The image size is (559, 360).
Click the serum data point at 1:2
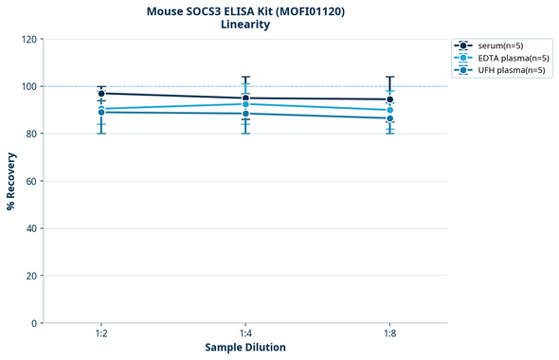[101, 93]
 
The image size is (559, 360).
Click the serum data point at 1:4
[245, 98]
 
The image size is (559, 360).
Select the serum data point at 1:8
[390, 99]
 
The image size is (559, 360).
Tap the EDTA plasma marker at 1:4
[245, 104]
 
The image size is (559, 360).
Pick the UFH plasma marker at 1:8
[390, 118]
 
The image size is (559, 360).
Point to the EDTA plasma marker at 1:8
[390, 110]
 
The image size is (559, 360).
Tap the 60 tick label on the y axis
[31, 181]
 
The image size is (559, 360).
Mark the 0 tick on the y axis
[34, 323]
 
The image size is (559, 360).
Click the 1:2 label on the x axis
[101, 333]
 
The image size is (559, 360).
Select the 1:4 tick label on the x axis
[245, 333]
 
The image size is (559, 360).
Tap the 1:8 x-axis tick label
[390, 333]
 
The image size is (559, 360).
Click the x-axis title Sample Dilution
[245, 348]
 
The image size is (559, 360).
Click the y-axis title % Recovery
[11, 181]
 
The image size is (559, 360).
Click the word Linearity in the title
[245, 25]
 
